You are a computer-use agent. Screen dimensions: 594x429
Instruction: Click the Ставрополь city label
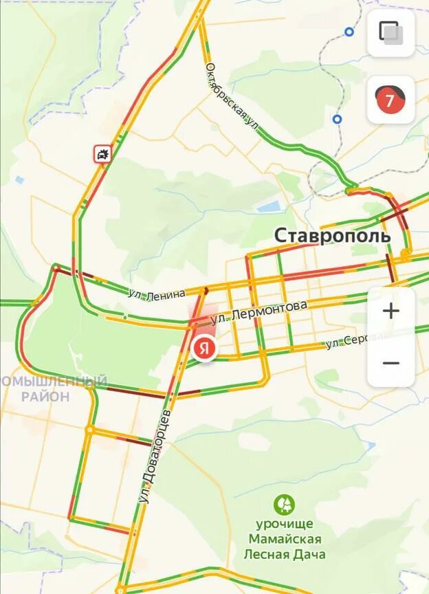click(x=333, y=235)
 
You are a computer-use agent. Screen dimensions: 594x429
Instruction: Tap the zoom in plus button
click(x=391, y=311)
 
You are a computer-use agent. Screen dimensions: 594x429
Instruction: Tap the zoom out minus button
click(x=391, y=362)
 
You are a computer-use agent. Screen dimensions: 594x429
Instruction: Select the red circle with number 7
click(x=390, y=101)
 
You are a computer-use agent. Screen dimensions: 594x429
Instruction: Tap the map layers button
click(x=390, y=32)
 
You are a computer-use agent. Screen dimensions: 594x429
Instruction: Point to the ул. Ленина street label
click(x=157, y=294)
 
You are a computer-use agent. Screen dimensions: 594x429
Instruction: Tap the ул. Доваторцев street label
click(x=155, y=457)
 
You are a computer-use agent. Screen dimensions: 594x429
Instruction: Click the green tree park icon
click(x=283, y=505)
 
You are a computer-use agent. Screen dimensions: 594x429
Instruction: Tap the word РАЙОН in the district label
click(x=45, y=397)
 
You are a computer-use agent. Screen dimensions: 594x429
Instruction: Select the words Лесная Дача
click(x=285, y=554)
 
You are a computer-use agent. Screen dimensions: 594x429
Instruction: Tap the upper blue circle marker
click(x=349, y=32)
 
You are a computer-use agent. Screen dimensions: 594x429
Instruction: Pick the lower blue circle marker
click(x=337, y=119)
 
